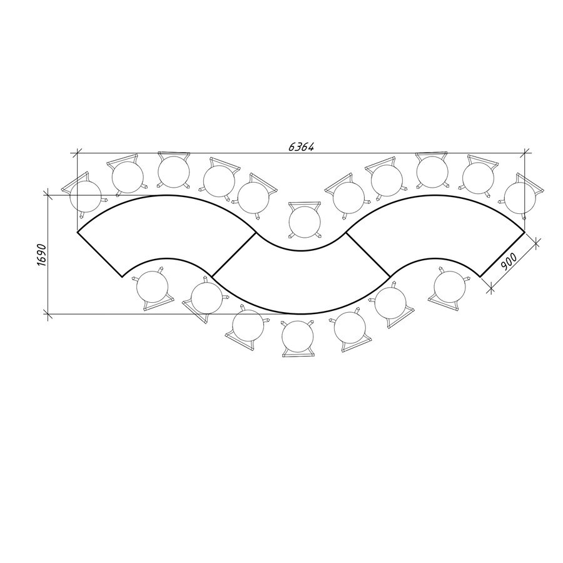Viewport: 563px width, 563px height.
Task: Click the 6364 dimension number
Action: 302,146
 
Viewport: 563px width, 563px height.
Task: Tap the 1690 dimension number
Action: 42,255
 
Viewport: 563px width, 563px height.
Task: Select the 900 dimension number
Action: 509,261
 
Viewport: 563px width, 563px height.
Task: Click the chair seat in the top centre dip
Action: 305,221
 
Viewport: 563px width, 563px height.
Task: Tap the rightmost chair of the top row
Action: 520,197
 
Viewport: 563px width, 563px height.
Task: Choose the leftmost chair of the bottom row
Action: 153,287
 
